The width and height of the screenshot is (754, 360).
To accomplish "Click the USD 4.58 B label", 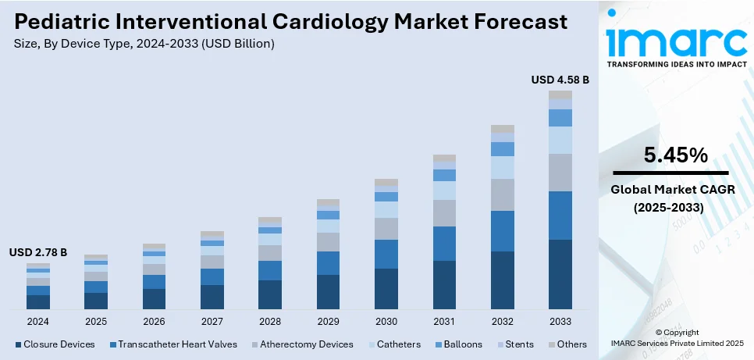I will pos(560,80).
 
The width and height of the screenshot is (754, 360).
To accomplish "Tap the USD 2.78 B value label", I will pos(38,252).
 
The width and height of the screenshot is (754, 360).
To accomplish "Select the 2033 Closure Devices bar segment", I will pos(560,274).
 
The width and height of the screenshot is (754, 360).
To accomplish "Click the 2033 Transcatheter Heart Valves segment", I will pos(560,216).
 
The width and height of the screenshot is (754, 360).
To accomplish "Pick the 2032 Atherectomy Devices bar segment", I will pos(502,194).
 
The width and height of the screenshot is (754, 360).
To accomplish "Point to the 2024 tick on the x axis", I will pos(38,321).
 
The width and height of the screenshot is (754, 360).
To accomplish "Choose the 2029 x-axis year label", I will pos(328,321).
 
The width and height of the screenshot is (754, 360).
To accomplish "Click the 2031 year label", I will pos(444,321).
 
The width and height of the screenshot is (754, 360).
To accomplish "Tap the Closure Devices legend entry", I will pos(55,344).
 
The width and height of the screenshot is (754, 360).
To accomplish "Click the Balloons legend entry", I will pos(461,344).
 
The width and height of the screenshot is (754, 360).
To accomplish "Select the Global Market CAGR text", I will pos(672,190).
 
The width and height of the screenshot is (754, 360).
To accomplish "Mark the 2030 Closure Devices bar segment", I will pos(386,289).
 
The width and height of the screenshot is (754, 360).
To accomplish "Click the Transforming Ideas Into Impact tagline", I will pos(672,64).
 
